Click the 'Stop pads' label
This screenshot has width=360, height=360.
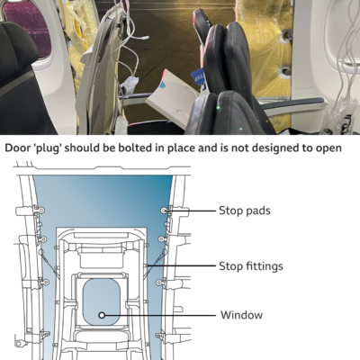[243, 211]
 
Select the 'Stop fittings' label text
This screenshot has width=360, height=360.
[250, 265]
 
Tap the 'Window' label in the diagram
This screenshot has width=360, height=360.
[241, 315]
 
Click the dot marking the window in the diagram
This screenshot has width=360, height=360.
[103, 315]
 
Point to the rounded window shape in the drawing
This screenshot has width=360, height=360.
[103, 302]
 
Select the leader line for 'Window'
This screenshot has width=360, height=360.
[162, 315]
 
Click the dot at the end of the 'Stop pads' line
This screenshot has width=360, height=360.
[165, 211]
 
